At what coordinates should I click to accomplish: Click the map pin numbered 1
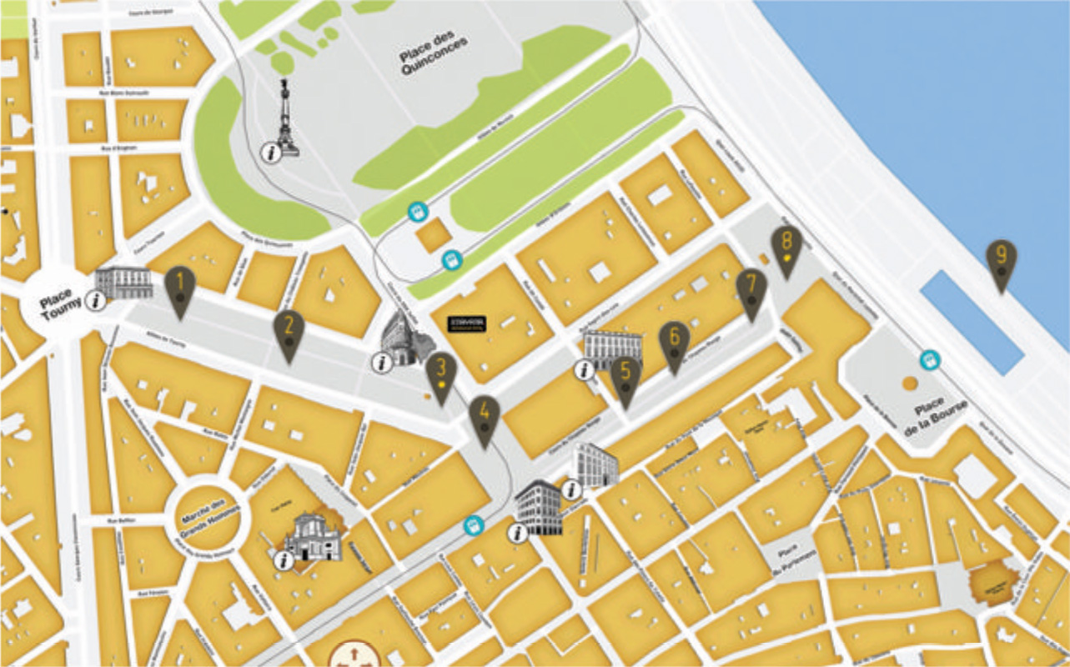pyautogui.click(x=179, y=288)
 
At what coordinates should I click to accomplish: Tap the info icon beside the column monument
pyautogui.click(x=269, y=153)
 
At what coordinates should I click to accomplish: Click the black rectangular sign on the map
pyautogui.click(x=465, y=323)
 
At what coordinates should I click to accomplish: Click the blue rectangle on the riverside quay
pyautogui.click(x=972, y=322)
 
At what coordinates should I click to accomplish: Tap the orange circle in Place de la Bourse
pyautogui.click(x=909, y=384)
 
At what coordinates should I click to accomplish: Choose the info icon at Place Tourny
pyautogui.click(x=97, y=300)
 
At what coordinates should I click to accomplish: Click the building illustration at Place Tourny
pyautogui.click(x=124, y=283)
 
